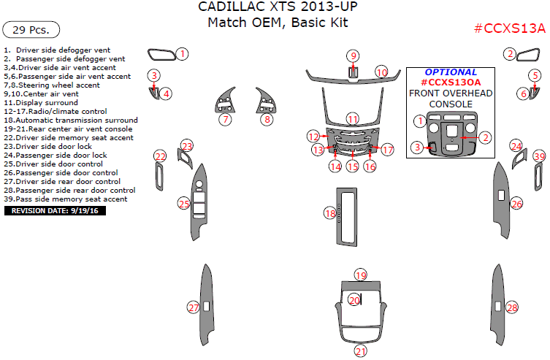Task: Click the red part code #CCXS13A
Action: coord(509,28)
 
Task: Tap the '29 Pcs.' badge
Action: coord(31,30)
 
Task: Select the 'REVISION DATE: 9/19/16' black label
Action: coord(56,210)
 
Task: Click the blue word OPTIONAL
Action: coord(451,72)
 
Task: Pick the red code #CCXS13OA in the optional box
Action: coord(451,83)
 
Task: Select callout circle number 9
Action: coord(353,56)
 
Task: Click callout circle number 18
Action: coord(330,213)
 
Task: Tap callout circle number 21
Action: coord(360,352)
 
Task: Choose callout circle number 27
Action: coord(193,307)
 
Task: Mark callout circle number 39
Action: coord(539,156)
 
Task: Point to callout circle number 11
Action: coord(353,119)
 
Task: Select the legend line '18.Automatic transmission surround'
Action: coord(71,120)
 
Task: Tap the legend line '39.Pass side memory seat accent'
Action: coord(66,199)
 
